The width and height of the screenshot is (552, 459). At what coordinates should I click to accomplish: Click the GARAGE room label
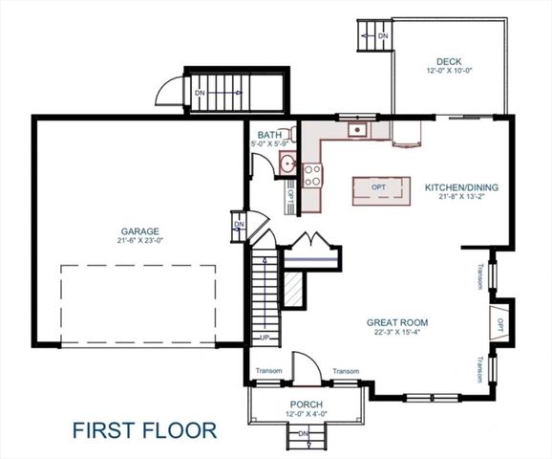(x=139, y=230)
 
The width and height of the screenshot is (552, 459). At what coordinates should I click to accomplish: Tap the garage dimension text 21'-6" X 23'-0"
(x=139, y=241)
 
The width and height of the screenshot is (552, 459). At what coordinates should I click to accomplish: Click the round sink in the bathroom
(x=287, y=164)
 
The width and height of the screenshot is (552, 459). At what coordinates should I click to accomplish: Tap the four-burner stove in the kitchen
(x=312, y=175)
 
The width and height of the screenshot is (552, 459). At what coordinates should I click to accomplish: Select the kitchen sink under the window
(x=358, y=129)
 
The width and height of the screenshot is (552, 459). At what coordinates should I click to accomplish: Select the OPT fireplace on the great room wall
(x=498, y=322)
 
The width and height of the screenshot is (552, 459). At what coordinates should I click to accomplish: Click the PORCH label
(x=306, y=405)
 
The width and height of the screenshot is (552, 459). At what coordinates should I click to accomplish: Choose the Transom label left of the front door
(x=267, y=372)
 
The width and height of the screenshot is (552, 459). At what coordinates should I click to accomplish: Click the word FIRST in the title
(x=106, y=429)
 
